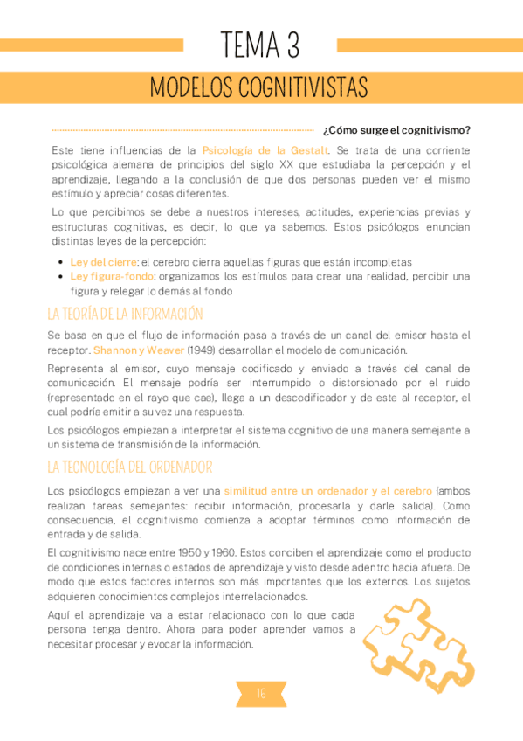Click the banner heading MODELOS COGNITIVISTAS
(x=259, y=87)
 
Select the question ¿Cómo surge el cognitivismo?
(x=396, y=131)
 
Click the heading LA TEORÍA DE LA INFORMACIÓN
(x=125, y=314)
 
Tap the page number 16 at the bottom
(x=261, y=694)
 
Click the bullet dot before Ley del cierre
(x=60, y=262)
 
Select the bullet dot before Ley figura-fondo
(x=60, y=276)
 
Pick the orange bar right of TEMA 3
(x=429, y=45)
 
